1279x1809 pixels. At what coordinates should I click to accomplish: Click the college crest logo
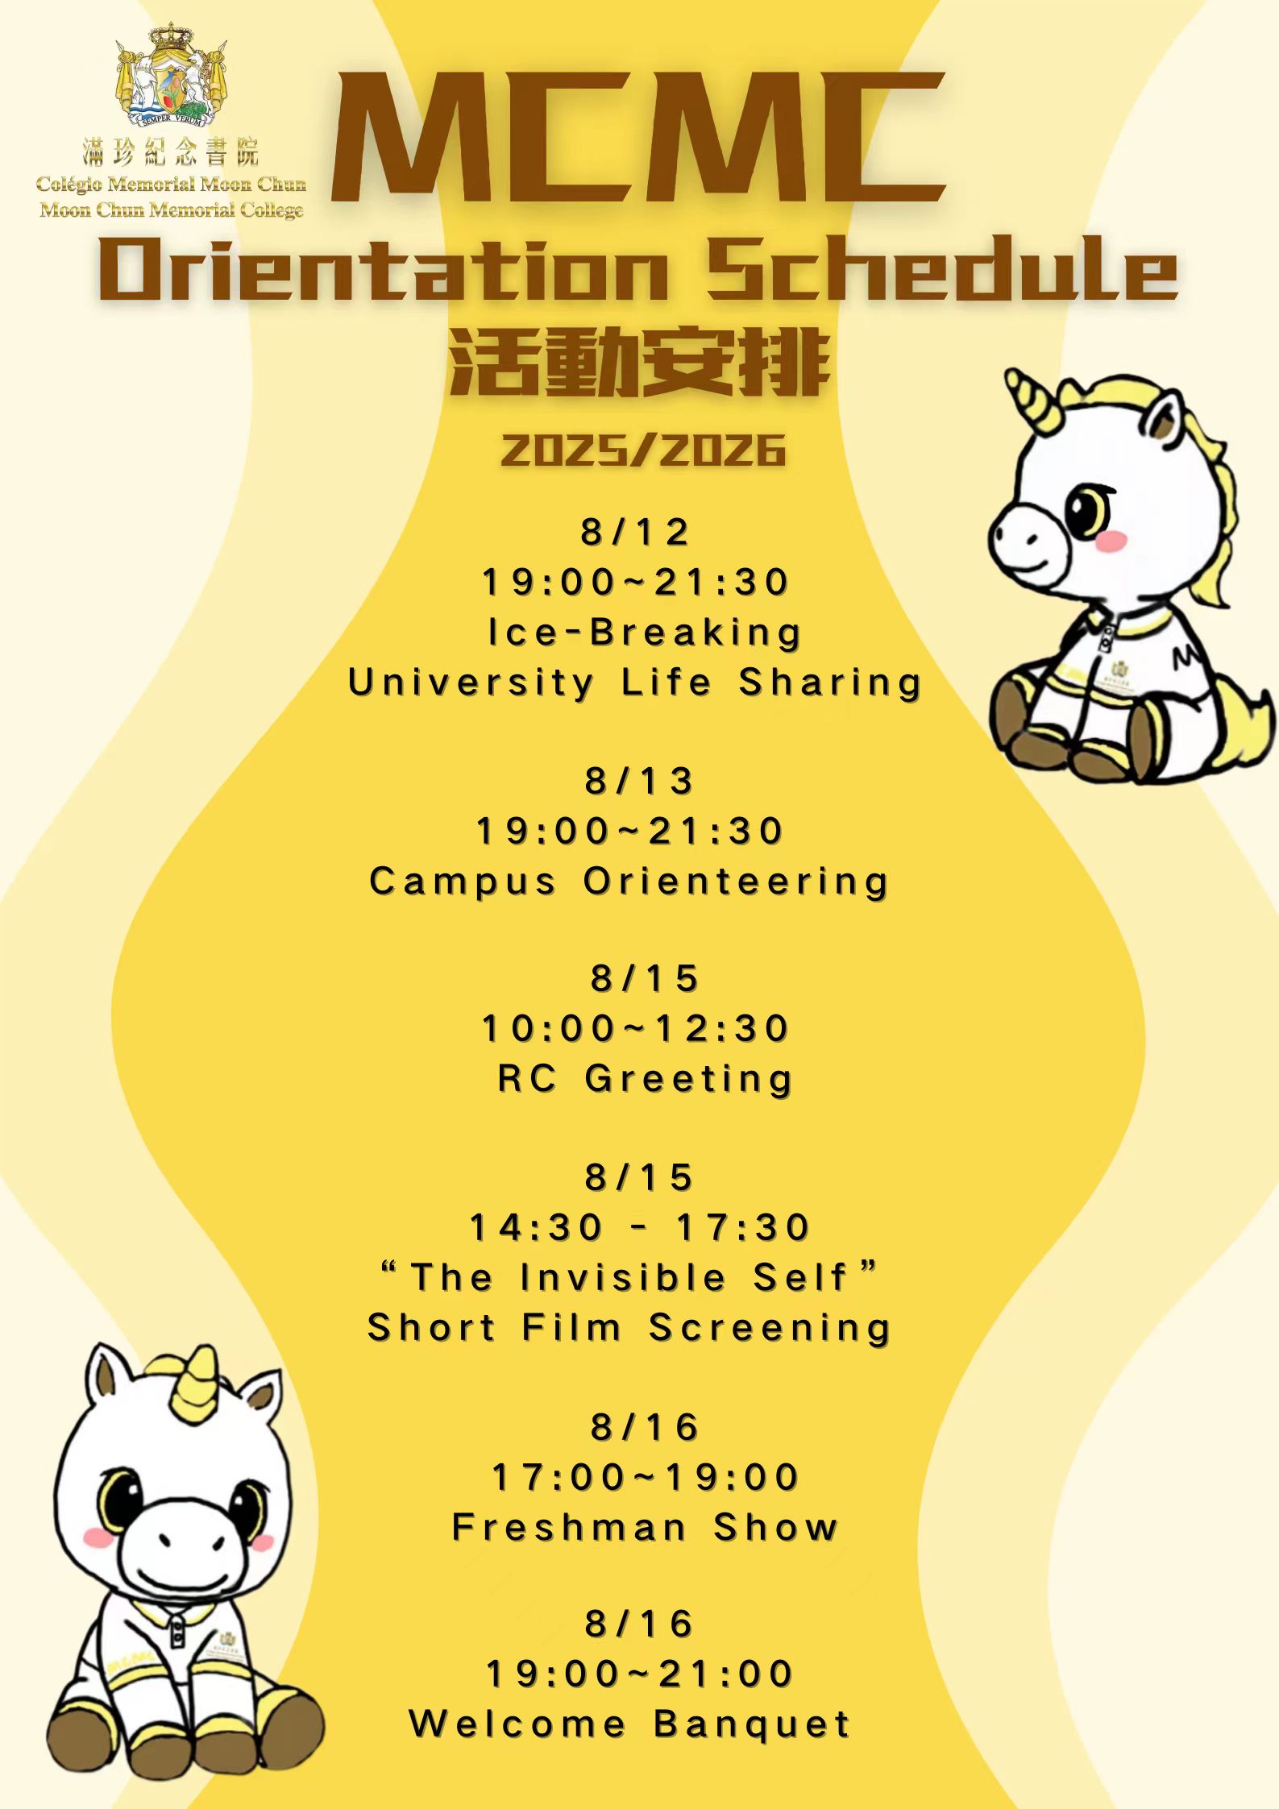[171, 75]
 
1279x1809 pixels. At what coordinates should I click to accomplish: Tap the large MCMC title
[638, 136]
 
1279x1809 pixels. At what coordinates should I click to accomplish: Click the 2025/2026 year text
[643, 450]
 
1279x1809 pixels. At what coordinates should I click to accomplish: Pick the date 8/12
[635, 533]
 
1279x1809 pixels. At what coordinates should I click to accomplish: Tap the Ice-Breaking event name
[644, 633]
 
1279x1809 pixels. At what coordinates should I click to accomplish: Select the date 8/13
[639, 781]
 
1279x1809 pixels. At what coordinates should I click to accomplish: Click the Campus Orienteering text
[629, 882]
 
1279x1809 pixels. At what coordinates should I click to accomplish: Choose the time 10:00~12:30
[635, 1029]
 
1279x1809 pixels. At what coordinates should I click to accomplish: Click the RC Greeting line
[645, 1079]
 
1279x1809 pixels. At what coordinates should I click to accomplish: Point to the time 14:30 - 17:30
[639, 1228]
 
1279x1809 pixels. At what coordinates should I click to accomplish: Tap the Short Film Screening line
[629, 1328]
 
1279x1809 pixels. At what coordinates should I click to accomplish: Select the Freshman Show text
[645, 1527]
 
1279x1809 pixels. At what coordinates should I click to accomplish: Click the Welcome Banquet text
[629, 1724]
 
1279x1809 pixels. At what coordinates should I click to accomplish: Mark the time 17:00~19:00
[645, 1478]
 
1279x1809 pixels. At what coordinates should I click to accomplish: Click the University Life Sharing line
[635, 683]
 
